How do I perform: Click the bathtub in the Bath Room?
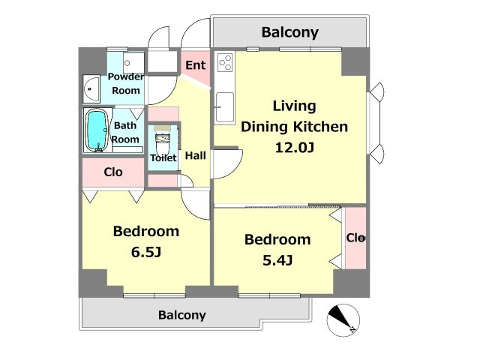tap(97, 130)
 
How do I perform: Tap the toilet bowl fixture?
tap(162, 143)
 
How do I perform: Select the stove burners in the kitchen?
tap(225, 62)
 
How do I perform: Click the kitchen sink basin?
tap(225, 106)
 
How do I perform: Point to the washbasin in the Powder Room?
tap(91, 89)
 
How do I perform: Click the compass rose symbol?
tap(343, 320)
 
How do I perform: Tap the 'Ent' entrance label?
tap(195, 65)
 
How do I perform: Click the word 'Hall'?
tap(195, 155)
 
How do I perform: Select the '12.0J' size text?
tap(295, 148)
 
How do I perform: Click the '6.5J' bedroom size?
tap(146, 252)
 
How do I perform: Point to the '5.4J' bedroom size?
tap(277, 260)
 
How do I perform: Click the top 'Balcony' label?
tap(290, 32)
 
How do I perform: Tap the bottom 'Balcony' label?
tap(181, 315)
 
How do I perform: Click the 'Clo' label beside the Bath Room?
tap(113, 172)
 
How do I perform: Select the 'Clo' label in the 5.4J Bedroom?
tap(355, 238)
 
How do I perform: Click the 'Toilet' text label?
tap(163, 158)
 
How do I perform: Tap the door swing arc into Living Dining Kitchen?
tap(234, 169)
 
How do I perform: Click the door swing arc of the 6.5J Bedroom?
tap(191, 208)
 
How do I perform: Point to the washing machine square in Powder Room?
tap(133, 63)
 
